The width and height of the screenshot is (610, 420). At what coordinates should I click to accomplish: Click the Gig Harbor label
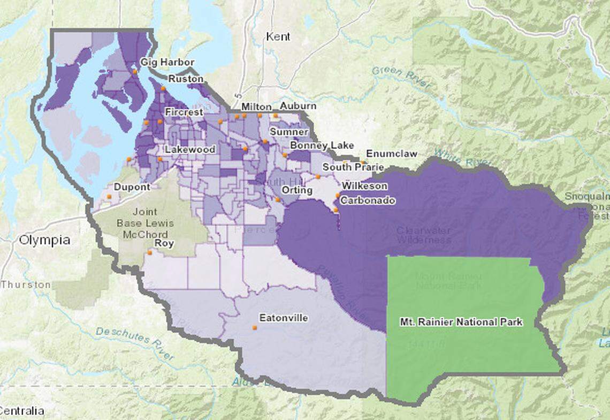[x=167, y=63]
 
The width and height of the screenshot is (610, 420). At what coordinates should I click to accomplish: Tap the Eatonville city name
[x=283, y=318]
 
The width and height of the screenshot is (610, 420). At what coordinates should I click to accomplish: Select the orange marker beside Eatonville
[x=255, y=327]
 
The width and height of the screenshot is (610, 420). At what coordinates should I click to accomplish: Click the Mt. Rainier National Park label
[x=461, y=322]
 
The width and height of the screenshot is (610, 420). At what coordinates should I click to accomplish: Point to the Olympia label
[x=44, y=240]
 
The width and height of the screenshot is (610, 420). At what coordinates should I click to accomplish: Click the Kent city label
[x=278, y=36]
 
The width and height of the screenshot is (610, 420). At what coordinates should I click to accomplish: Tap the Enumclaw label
[x=391, y=154]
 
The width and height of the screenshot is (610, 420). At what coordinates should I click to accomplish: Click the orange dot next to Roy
[x=149, y=252]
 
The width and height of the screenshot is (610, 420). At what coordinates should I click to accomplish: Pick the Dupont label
[x=132, y=187]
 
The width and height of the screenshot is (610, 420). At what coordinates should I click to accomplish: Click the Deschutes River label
[x=135, y=343]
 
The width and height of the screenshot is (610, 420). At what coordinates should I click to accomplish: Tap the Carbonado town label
[x=368, y=200]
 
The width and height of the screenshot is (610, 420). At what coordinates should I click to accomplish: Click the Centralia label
[x=22, y=411]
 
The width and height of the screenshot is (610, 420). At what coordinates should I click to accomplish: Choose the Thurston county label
[x=26, y=284]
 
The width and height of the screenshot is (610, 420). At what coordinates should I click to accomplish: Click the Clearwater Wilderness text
[x=423, y=235]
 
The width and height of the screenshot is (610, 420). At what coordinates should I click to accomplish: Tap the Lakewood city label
[x=190, y=149]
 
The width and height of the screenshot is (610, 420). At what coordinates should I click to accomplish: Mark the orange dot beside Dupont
[x=109, y=197]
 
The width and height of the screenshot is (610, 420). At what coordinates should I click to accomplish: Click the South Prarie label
[x=353, y=167]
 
